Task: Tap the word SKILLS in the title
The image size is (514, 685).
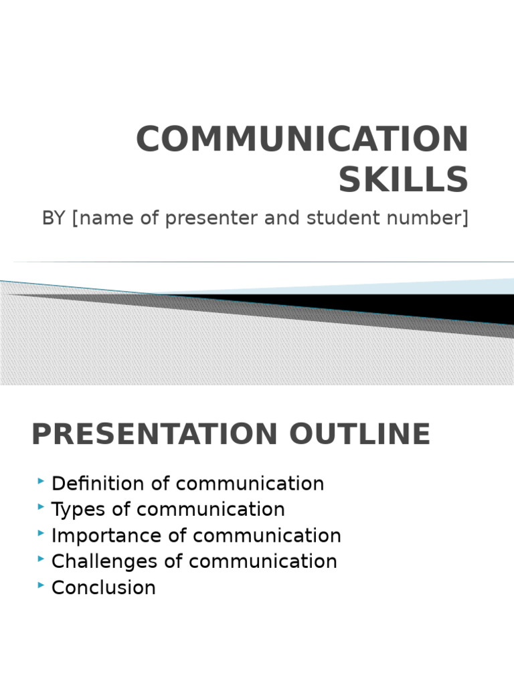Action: point(403,180)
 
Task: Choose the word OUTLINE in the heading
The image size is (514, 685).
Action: point(360,435)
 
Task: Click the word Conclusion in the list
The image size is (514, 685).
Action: point(104,588)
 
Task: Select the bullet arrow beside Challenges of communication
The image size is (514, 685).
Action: point(42,559)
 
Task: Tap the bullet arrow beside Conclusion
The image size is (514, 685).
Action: point(42,585)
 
